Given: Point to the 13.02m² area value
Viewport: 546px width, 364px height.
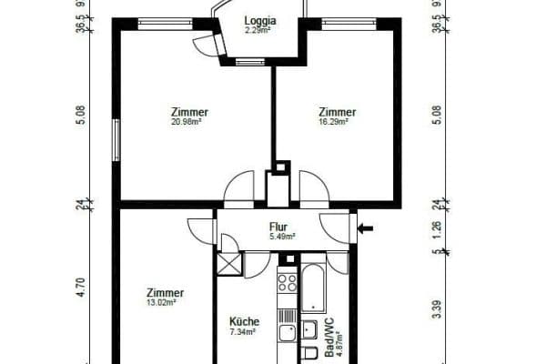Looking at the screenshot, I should (x=160, y=302).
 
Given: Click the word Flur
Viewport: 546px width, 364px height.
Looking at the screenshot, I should (x=278, y=228).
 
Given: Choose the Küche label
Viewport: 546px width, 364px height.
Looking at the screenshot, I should (x=245, y=321).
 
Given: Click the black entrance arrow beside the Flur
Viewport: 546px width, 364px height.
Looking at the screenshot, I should (x=366, y=228).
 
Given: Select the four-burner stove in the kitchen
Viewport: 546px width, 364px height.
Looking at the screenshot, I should (x=288, y=281).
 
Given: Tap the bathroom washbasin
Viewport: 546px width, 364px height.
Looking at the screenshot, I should (x=310, y=329).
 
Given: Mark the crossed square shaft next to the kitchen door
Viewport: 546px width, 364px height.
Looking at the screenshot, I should (x=229, y=264).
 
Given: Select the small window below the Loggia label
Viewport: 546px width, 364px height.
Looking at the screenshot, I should (x=246, y=62).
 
